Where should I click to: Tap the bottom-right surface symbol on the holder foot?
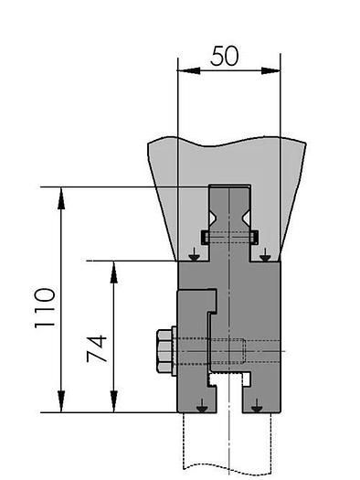257,404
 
